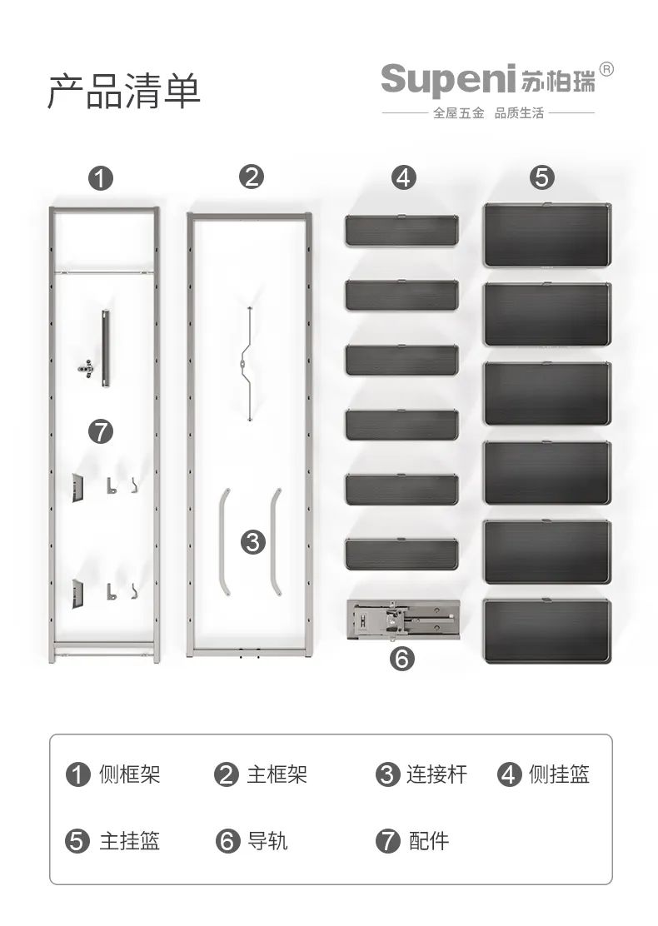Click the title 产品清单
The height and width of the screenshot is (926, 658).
pyautogui.click(x=124, y=92)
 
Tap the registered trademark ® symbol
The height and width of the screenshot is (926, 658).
pyautogui.click(x=606, y=70)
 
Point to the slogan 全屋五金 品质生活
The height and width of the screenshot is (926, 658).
pyautogui.click(x=488, y=112)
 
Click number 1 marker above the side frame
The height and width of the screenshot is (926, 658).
pyautogui.click(x=101, y=177)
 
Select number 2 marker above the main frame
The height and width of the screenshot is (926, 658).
pyautogui.click(x=252, y=177)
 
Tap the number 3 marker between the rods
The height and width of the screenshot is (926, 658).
pyautogui.click(x=253, y=541)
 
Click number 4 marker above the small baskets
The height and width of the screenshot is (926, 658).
pyautogui.click(x=403, y=177)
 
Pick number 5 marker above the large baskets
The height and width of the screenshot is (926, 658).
pyautogui.click(x=542, y=177)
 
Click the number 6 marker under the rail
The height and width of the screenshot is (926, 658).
pyautogui.click(x=401, y=659)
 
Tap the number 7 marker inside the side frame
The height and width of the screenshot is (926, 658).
pyautogui.click(x=101, y=431)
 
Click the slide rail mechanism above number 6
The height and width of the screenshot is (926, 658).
pyautogui.click(x=403, y=620)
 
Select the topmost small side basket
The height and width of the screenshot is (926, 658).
pyautogui.click(x=401, y=230)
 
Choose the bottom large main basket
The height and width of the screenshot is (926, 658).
pyautogui.click(x=547, y=630)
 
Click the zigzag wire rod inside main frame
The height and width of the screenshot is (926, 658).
pyautogui.click(x=249, y=364)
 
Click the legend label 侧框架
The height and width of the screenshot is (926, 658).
pyautogui.click(x=129, y=774)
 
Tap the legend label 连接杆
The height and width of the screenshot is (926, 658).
pyautogui.click(x=436, y=774)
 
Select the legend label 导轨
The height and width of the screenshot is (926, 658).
pyautogui.click(x=267, y=840)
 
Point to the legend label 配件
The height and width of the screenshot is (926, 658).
pyautogui.click(x=428, y=840)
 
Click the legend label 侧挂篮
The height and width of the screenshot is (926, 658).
pyautogui.click(x=559, y=774)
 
